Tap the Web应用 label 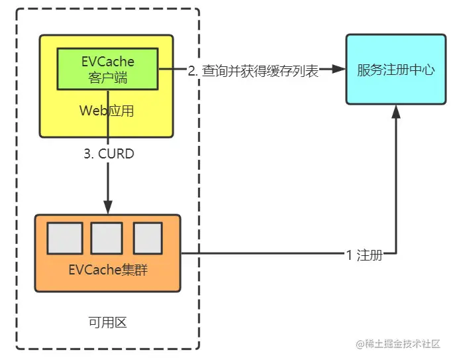(107, 111)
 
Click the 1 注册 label (364, 254)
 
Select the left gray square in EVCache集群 (65, 238)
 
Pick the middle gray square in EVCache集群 (107, 238)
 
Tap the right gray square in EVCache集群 (148, 238)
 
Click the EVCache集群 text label (106, 270)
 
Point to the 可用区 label (107, 323)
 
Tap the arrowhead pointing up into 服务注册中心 (396, 113)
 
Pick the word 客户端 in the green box (107, 78)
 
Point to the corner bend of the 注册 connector (396, 253)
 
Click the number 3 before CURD (87, 154)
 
